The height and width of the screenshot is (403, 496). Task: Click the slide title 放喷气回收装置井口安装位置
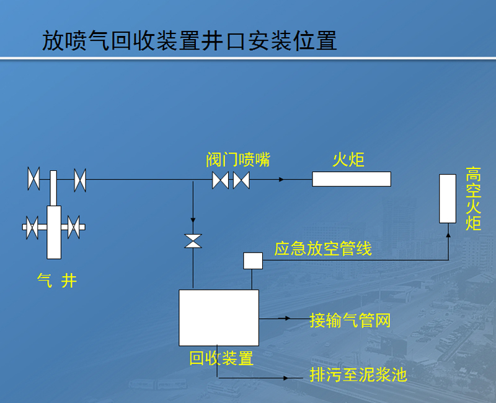[190, 41]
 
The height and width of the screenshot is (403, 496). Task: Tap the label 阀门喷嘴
[238, 160]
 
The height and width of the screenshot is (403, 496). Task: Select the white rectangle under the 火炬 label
[352, 179]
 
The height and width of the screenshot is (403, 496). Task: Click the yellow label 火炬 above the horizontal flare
[348, 160]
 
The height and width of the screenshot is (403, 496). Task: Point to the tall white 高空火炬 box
[448, 199]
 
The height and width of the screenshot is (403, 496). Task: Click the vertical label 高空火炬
[473, 199]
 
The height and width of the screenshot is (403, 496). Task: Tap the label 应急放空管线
[322, 249]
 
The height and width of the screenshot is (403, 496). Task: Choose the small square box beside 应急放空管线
[253, 261]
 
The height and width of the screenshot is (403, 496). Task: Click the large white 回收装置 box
[219, 318]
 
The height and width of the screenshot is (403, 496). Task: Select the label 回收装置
[221, 358]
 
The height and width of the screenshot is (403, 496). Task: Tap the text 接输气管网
[350, 320]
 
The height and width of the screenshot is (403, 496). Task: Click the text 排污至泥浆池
[358, 375]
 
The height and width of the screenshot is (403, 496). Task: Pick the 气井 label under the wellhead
[57, 280]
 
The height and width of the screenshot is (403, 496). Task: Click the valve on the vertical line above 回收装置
[193, 241]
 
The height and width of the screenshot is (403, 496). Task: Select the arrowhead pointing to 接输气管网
[287, 318]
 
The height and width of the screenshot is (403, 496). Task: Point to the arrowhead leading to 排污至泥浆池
[286, 378]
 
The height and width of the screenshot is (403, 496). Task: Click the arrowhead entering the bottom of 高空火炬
[448, 235]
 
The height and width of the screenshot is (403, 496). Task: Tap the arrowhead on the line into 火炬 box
[281, 180]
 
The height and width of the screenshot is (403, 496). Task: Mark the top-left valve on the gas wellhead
[34, 179]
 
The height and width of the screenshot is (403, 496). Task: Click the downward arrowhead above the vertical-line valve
[193, 220]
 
